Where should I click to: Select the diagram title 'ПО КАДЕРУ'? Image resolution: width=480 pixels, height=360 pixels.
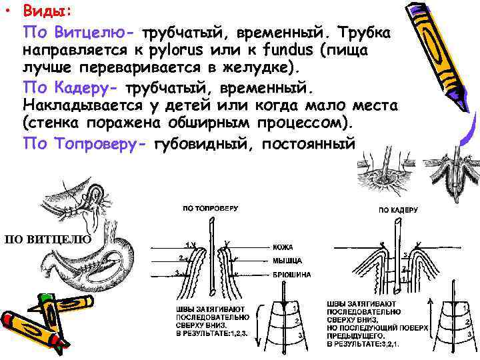tap(399, 209)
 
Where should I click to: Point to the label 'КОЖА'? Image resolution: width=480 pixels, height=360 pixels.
tap(283, 246)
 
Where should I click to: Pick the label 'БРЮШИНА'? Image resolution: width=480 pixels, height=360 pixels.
tap(291, 274)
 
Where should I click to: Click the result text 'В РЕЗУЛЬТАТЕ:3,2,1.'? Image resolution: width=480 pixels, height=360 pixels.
tap(363, 343)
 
